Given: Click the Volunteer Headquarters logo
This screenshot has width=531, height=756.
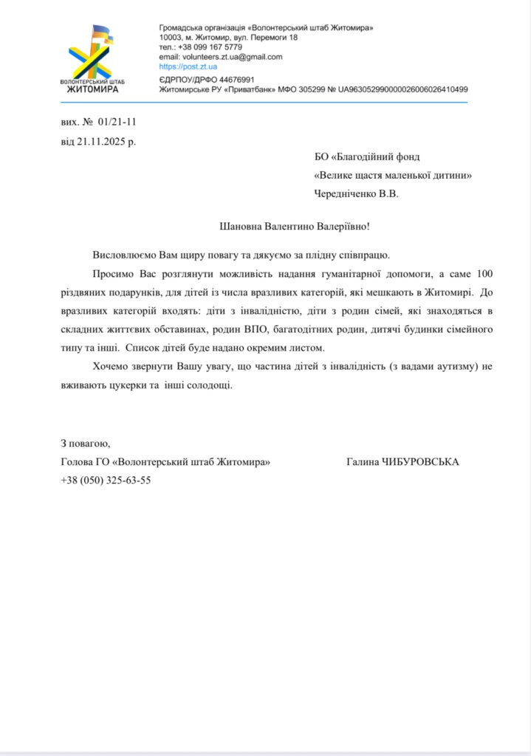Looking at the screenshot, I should click(x=91, y=58).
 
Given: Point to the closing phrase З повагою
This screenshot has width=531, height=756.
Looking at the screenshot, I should click(x=85, y=443).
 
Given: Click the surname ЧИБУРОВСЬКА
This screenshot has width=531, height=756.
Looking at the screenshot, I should click(x=420, y=462).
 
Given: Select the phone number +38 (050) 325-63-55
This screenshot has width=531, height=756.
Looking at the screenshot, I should click(x=106, y=480).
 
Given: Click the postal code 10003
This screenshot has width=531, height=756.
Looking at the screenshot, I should click(x=171, y=37).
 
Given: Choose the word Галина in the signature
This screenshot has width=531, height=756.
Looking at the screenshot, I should click(x=363, y=462).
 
